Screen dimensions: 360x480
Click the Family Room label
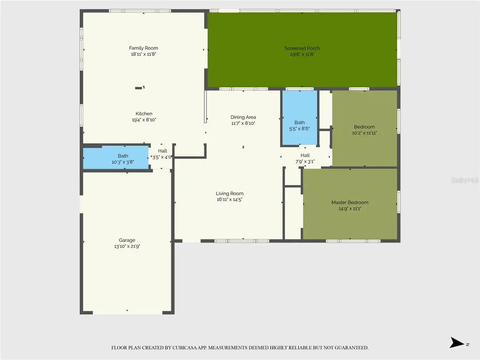143,48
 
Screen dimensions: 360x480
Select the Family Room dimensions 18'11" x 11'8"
143,54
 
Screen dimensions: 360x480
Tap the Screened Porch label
302,48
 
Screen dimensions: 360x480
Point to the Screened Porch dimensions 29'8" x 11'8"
302,54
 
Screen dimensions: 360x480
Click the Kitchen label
143,114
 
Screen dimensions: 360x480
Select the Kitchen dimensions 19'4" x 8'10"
143,120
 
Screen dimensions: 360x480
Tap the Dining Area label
243,117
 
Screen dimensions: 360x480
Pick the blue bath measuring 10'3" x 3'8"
115,158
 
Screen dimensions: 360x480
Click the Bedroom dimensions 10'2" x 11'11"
365,133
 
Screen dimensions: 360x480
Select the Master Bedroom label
349,203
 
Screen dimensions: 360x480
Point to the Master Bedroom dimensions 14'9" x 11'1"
349,209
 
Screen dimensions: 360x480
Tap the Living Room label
229,194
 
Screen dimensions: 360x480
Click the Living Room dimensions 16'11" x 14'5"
229,199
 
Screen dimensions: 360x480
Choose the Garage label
127,240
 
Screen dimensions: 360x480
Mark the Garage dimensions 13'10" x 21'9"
127,246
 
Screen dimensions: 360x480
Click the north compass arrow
457,343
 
